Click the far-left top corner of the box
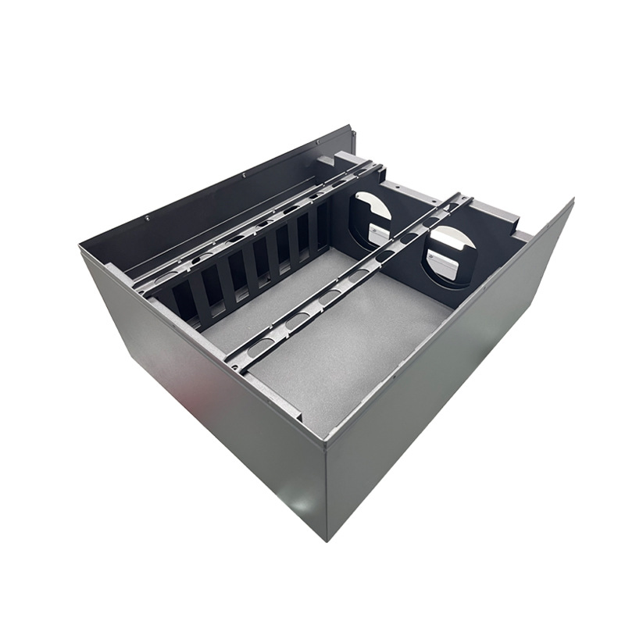[x=81, y=248]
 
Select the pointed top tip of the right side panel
[x=572, y=200]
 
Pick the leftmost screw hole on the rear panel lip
[x=147, y=219]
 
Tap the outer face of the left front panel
[x=203, y=406]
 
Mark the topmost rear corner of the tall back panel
[x=353, y=127]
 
